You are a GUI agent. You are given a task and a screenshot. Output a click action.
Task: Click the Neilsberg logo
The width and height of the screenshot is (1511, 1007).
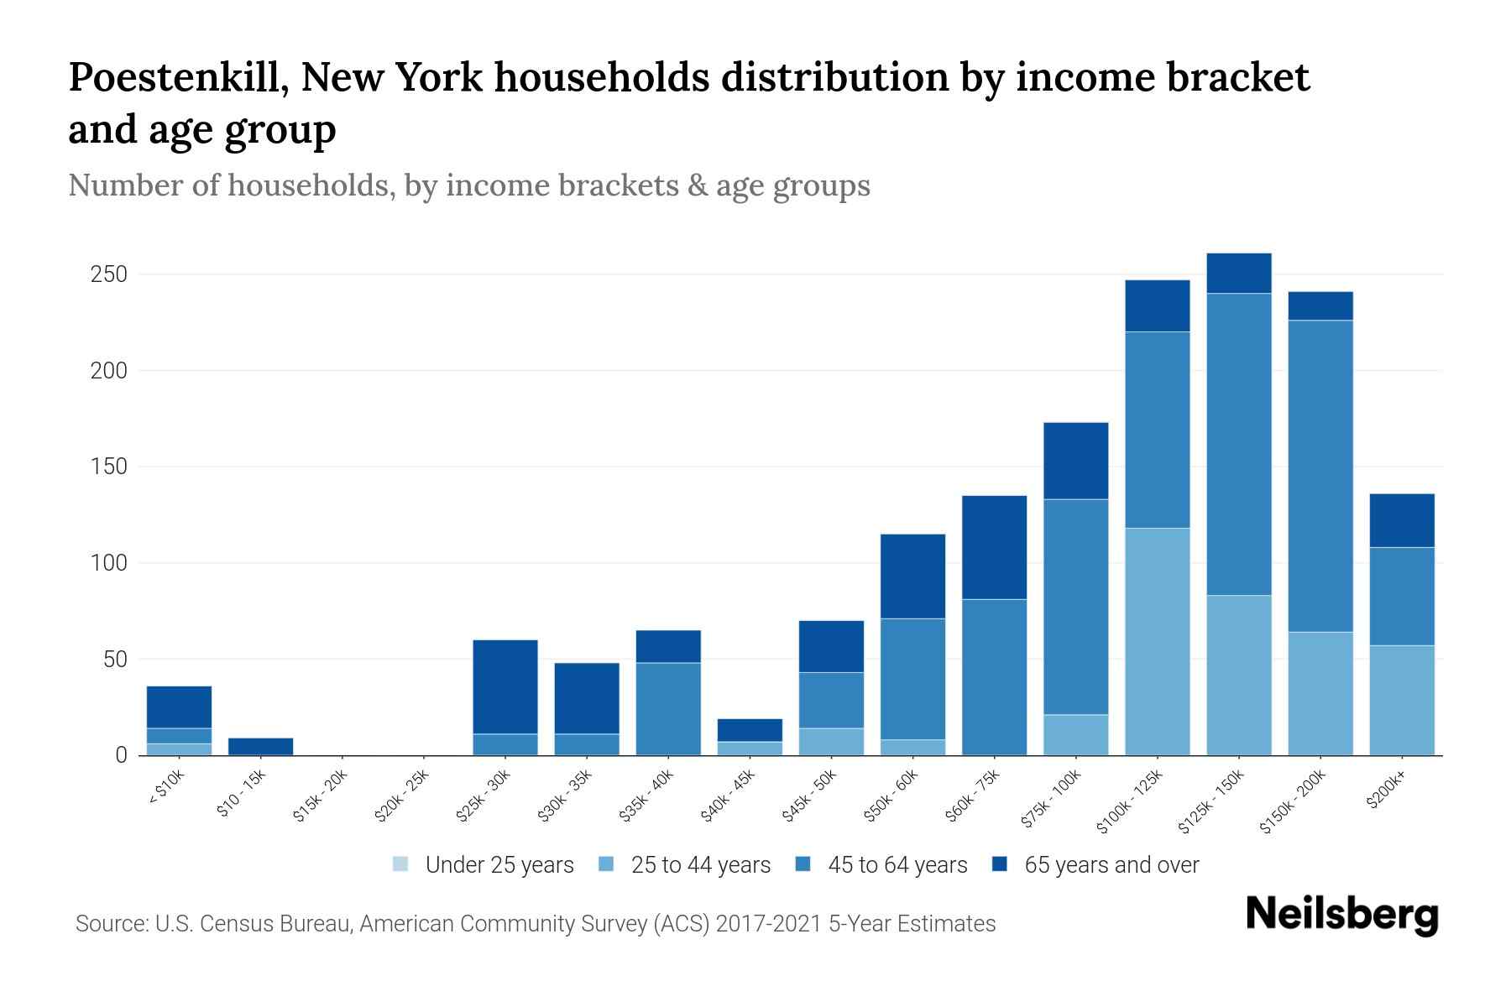[1341, 915]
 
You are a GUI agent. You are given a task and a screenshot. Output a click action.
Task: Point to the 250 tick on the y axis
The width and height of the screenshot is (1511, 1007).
[109, 274]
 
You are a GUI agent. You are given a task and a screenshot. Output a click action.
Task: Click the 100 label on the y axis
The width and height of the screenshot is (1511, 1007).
[109, 562]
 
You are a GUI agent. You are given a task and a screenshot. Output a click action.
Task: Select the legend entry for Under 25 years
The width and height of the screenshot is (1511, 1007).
[499, 865]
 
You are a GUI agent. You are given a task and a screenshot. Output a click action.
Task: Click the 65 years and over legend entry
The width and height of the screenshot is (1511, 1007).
[1111, 865]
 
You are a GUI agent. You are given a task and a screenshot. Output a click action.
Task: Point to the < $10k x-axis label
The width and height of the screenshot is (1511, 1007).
[166, 789]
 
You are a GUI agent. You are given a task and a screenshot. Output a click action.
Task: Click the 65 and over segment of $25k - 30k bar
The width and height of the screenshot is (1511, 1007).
[505, 686]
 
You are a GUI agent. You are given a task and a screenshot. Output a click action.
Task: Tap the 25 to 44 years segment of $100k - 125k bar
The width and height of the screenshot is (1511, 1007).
[1158, 641]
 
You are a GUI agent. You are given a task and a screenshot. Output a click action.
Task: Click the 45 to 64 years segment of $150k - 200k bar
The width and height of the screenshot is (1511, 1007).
[1320, 476]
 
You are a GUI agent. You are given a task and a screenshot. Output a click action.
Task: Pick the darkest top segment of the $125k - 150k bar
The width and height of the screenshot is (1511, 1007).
[1239, 273]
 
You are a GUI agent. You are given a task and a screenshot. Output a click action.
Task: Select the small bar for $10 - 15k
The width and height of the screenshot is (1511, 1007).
[261, 746]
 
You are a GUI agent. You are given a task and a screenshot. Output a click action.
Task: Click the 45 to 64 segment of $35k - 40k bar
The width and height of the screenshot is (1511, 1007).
[668, 708]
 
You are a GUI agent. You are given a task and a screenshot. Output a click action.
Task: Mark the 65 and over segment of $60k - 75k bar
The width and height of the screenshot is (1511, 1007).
[994, 547]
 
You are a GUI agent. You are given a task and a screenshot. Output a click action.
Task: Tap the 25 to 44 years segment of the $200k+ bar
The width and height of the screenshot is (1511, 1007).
[1402, 700]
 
